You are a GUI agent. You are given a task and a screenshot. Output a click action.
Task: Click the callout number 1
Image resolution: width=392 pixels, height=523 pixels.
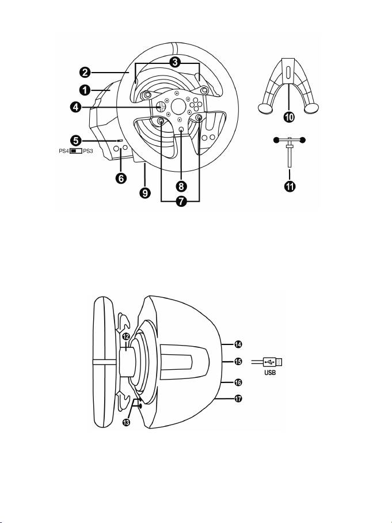[x=85, y=90]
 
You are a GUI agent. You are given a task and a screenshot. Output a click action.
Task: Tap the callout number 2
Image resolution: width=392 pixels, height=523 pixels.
[x=85, y=72]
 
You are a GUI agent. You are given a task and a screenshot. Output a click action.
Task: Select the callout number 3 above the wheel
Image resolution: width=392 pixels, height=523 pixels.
[x=174, y=62]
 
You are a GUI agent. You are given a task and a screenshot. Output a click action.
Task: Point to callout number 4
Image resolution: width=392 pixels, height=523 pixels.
[x=75, y=107]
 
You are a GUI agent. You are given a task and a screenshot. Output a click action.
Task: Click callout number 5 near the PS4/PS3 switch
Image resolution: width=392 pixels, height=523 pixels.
[x=77, y=141]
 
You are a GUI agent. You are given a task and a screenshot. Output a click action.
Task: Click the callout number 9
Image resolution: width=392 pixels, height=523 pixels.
[x=145, y=193]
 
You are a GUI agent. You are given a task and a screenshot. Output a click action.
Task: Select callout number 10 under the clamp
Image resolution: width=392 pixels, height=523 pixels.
[x=290, y=117]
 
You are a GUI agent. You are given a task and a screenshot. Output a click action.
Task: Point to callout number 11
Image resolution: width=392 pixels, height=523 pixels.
[x=290, y=185]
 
